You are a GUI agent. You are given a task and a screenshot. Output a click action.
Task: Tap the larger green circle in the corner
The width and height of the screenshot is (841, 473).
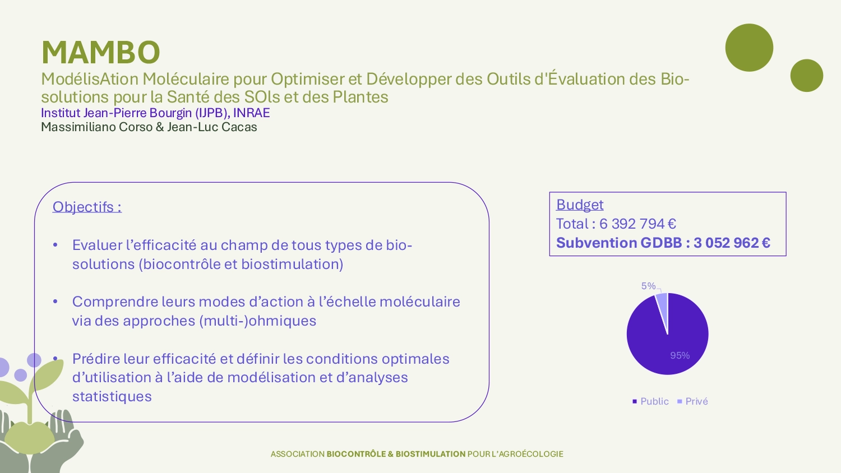click(749, 48)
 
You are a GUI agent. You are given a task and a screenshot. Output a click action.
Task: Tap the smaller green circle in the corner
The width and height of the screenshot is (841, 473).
click(806, 76)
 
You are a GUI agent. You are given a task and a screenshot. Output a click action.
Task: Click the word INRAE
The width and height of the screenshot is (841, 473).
click(251, 113)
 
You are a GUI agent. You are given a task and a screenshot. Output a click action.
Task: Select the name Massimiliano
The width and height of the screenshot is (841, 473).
click(78, 127)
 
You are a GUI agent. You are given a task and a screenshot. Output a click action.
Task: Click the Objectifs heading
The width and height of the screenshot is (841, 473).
click(87, 207)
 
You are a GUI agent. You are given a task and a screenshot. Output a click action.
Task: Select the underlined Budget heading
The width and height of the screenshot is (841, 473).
click(580, 205)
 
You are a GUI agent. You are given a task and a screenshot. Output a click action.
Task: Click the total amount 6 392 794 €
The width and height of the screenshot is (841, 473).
click(637, 224)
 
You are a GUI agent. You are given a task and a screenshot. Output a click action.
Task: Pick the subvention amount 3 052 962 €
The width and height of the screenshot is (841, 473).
click(732, 243)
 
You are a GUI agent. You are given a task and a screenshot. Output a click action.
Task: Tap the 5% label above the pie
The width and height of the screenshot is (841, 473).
click(648, 286)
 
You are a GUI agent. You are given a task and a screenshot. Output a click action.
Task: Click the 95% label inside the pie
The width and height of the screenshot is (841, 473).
click(680, 355)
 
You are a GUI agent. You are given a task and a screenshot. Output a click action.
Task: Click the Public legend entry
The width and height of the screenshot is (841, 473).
click(650, 401)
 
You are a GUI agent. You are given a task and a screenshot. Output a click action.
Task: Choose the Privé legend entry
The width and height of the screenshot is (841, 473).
click(692, 401)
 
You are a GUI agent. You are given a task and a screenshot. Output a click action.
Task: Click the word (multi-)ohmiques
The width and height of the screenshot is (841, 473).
click(257, 321)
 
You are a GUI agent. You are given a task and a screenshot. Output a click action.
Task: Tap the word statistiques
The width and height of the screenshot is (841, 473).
click(112, 396)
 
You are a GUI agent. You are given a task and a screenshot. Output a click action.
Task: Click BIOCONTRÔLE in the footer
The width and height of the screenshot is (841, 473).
click(356, 454)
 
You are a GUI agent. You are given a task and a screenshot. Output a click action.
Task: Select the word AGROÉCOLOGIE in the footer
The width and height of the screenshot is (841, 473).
click(531, 454)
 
